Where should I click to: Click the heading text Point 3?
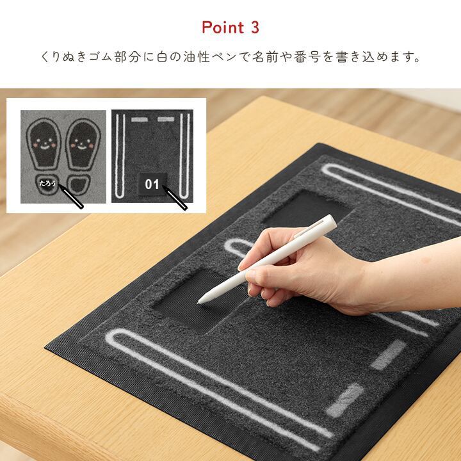click(x=230, y=28)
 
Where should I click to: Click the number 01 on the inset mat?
click(x=152, y=184)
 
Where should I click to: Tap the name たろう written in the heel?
click(x=47, y=183)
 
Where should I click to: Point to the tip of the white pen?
click(x=199, y=302)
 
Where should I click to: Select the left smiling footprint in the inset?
click(x=44, y=144)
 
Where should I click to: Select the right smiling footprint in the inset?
click(x=83, y=144)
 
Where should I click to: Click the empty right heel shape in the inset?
click(x=79, y=184)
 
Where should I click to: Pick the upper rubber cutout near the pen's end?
click(x=307, y=209)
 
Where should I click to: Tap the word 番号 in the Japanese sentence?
click(x=307, y=57)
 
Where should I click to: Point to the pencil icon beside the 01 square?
click(x=175, y=198)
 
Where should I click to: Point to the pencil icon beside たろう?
click(x=71, y=196)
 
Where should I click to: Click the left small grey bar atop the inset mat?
click(x=140, y=119)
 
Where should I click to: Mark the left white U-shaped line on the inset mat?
click(x=120, y=156)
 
